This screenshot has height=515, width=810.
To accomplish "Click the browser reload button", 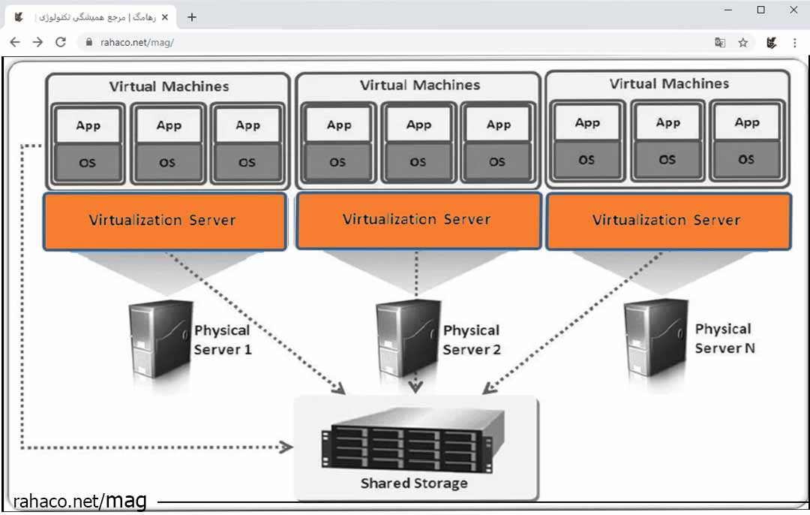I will pos(61,43).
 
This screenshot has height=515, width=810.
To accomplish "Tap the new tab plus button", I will pos(192,17).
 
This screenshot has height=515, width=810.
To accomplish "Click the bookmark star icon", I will pos(742,43).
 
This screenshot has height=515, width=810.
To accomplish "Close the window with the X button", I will pos(793,10).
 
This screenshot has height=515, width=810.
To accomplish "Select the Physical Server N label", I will pos(723,339).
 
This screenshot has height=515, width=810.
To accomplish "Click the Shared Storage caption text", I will pos(414,483).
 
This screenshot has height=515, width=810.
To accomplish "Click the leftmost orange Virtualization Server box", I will pos(164,221).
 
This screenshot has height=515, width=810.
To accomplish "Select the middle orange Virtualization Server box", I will pos(418,220).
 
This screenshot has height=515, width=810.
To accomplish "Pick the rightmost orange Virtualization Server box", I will pos(667,221).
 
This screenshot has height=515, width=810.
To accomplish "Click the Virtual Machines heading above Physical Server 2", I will pos(419,86).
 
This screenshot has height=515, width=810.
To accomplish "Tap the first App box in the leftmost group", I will pos(88,125).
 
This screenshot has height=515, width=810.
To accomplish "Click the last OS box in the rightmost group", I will pos(746,159).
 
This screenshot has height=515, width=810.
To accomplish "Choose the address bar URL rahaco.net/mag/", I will pos(137,43).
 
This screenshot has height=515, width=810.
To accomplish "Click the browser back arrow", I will pos(14,43).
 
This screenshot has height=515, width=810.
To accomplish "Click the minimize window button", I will pos(728,10).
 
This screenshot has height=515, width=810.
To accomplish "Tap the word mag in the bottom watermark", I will pos(124,500).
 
